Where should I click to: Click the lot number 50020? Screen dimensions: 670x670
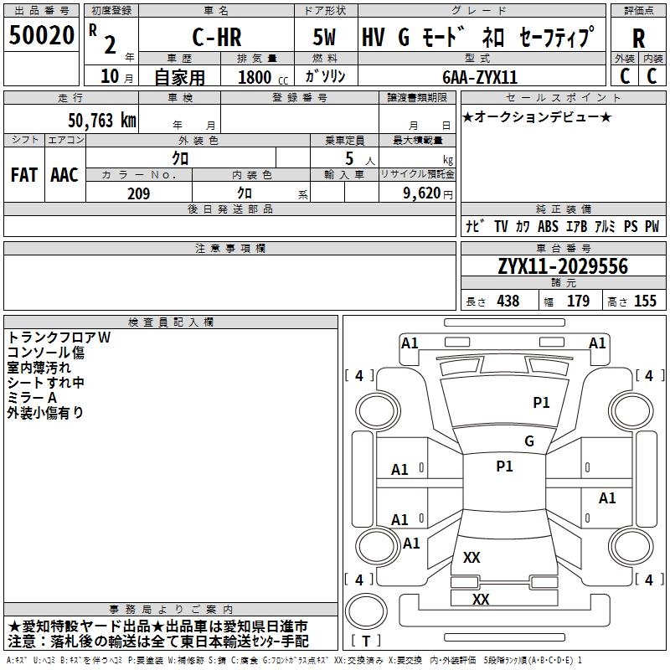[41, 36]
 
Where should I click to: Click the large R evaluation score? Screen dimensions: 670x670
[638, 39]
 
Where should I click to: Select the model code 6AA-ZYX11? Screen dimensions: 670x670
[480, 76]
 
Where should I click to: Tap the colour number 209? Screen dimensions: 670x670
[138, 193]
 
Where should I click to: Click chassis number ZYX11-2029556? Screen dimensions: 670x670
[562, 267]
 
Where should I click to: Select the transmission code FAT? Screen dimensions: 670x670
[23, 175]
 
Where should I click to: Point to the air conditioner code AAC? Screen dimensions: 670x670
[64, 175]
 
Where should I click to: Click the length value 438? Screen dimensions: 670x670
[508, 301]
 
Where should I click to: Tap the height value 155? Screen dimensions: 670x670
[645, 301]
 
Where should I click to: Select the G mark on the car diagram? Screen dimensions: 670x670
[528, 441]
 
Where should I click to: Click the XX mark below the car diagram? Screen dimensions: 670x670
[480, 600]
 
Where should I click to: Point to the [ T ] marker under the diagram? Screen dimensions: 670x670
[366, 641]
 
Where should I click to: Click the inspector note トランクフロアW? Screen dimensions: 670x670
[59, 337]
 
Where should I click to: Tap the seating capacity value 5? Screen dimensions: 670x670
[348, 158]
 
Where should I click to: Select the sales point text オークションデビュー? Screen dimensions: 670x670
[537, 116]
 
